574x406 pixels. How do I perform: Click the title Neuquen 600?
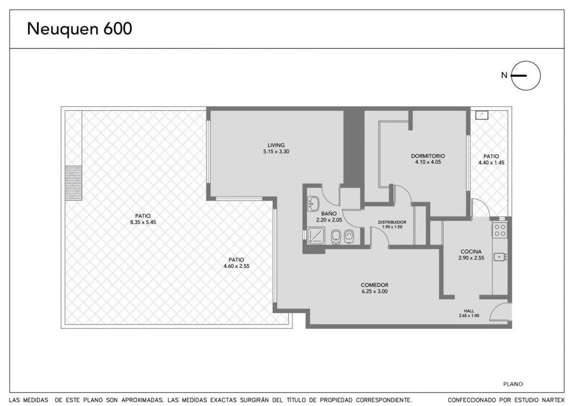coord(79,29)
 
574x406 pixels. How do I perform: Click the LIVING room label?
coord(276,145)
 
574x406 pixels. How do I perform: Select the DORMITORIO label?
coord(428,156)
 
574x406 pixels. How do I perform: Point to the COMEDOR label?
coord(375,285)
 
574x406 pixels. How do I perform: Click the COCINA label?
coord(471,252)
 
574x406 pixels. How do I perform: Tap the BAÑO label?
coord(329,214)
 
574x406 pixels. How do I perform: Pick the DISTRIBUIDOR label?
coord(392,222)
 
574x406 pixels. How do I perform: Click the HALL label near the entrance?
coord(469,311)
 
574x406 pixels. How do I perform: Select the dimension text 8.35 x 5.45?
coord(143,222)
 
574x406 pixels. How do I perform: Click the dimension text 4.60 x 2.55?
coord(236,266)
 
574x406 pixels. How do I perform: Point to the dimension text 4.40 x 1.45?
coord(491,162)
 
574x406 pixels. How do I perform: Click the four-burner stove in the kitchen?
coord(499,230)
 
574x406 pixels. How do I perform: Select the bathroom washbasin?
coord(313,203)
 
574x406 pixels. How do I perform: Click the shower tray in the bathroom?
coord(316,236)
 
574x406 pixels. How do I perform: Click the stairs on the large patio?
coord(73,183)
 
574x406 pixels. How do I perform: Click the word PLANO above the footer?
coord(513,384)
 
